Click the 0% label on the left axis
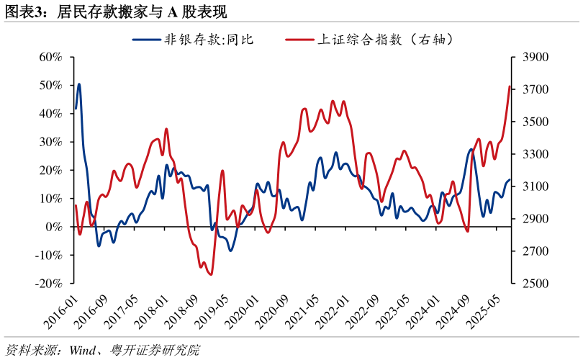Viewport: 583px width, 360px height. (x=54, y=227)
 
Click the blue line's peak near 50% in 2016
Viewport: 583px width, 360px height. (x=79, y=84)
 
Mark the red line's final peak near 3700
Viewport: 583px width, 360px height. (x=510, y=87)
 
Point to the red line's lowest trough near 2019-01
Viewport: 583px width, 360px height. (x=211, y=274)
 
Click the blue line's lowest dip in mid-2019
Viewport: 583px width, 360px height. (x=230, y=250)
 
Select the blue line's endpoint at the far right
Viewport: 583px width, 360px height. (x=510, y=180)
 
